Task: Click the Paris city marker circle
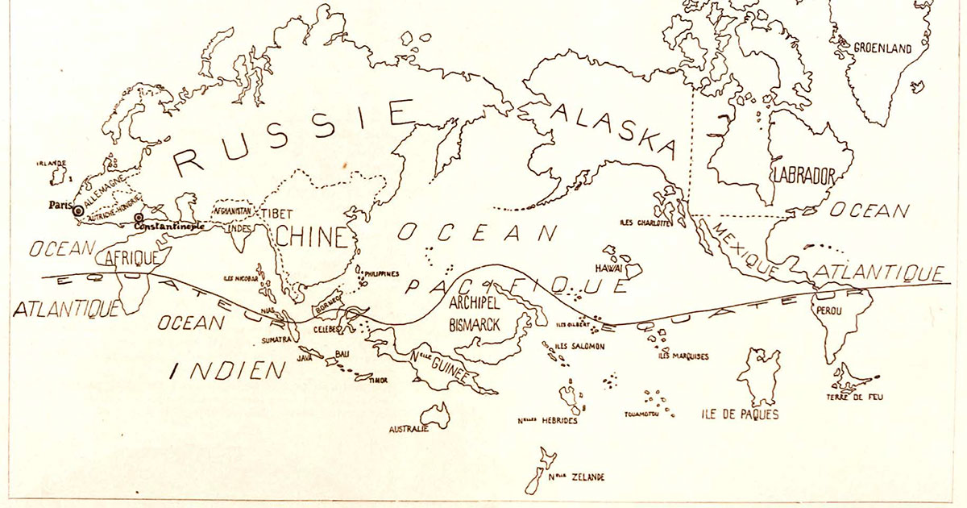[x=77, y=210]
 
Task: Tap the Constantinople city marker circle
[x=139, y=219]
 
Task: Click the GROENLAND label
[x=882, y=48]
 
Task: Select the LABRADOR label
[x=803, y=174]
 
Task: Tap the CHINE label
[x=310, y=238]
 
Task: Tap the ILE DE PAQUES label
[x=739, y=416]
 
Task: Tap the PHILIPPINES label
[x=381, y=273]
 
